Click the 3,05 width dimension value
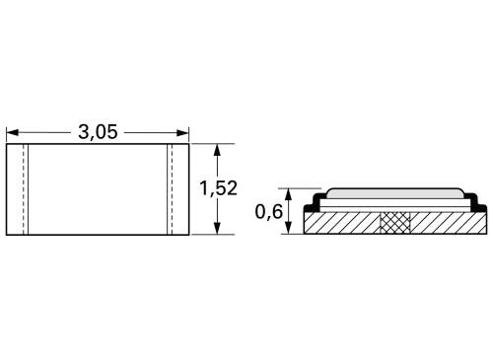[x=98, y=132]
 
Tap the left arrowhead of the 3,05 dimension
[x=12, y=132]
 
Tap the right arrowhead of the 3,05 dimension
[x=183, y=132]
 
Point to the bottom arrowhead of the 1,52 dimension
[x=219, y=230]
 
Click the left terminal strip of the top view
[x=16, y=190]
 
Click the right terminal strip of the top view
[x=178, y=190]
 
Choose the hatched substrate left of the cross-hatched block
[x=345, y=224]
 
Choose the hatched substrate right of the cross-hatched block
[x=444, y=224]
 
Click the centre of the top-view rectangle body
[x=98, y=190]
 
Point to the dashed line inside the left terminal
[x=27, y=190]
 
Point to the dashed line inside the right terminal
[x=169, y=190]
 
